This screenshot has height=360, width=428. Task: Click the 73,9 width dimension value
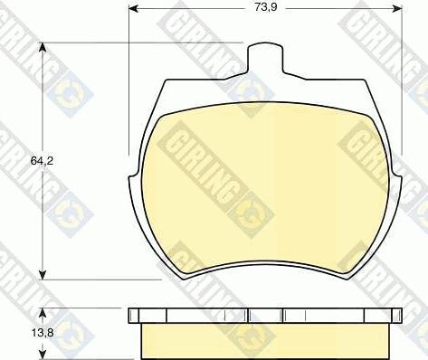266,7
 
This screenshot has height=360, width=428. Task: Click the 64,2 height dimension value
42,161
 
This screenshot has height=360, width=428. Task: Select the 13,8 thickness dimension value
43,333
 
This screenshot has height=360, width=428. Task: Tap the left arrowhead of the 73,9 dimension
134,9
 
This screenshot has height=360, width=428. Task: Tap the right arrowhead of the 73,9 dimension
397,9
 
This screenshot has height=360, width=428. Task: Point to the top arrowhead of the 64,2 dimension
43,48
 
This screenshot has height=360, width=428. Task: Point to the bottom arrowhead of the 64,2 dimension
43,274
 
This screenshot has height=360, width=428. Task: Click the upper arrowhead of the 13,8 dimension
43,313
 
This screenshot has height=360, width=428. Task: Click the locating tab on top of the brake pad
265,59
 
